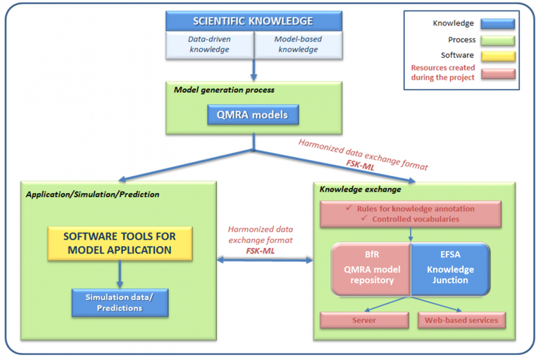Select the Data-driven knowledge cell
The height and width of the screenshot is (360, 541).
pos(209,44)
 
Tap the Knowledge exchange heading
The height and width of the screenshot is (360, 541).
pos(351,190)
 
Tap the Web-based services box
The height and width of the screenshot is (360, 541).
pos(461,320)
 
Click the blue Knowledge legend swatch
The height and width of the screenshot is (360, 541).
pos(497,23)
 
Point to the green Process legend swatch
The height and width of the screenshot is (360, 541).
pos(497,39)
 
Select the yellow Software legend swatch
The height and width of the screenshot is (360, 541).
pos(497,56)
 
